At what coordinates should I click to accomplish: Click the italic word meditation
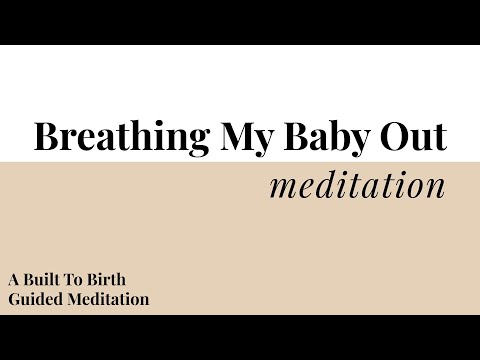coord(357,186)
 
